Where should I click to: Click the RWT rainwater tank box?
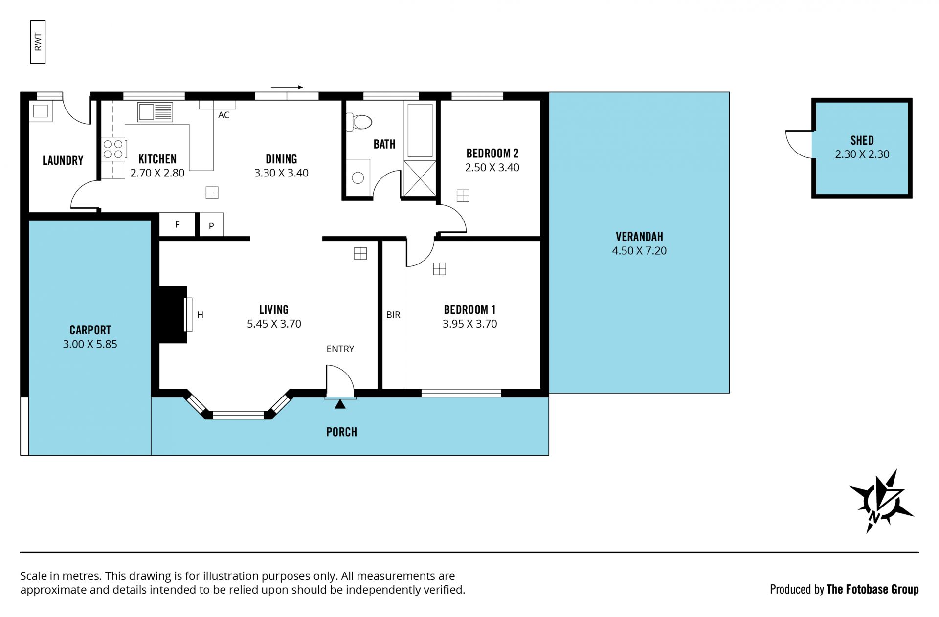pyautogui.click(x=38, y=42)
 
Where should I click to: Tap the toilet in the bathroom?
pyautogui.click(x=359, y=122)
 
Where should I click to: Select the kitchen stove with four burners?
pyautogui.click(x=113, y=149)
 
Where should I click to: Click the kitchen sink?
pyautogui.click(x=155, y=112)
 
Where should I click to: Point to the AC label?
pyautogui.click(x=224, y=115)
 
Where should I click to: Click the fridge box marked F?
pyautogui.click(x=177, y=224)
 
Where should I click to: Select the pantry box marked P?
pyautogui.click(x=211, y=225)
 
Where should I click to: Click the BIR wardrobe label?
pyautogui.click(x=393, y=315)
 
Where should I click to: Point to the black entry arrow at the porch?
pyautogui.click(x=340, y=404)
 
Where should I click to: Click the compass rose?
pyautogui.click(x=881, y=501)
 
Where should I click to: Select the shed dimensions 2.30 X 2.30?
pyautogui.click(x=862, y=154)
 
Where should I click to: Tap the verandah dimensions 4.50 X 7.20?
pyautogui.click(x=639, y=251)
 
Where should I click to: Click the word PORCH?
pyautogui.click(x=341, y=432)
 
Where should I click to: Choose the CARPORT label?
pyautogui.click(x=90, y=330)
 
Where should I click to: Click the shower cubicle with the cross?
pyautogui.click(x=420, y=178)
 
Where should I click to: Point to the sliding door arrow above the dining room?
pyautogui.click(x=287, y=88)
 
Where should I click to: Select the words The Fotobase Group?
pyautogui.click(x=872, y=589)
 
